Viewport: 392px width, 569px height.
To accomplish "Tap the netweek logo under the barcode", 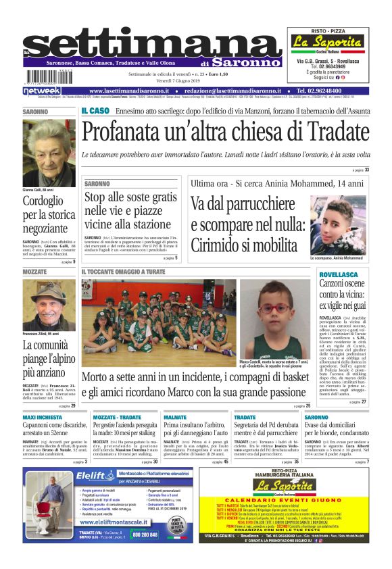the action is [x=42, y=91].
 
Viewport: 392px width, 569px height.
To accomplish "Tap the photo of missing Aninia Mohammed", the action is [x=338, y=225].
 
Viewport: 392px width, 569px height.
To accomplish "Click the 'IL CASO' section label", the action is [x=95, y=111].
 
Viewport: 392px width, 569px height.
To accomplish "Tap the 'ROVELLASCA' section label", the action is [x=339, y=275].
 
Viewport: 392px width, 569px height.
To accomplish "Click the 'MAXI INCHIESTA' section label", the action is [x=42, y=418].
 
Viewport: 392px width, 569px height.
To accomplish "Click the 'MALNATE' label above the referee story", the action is [x=175, y=418].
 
